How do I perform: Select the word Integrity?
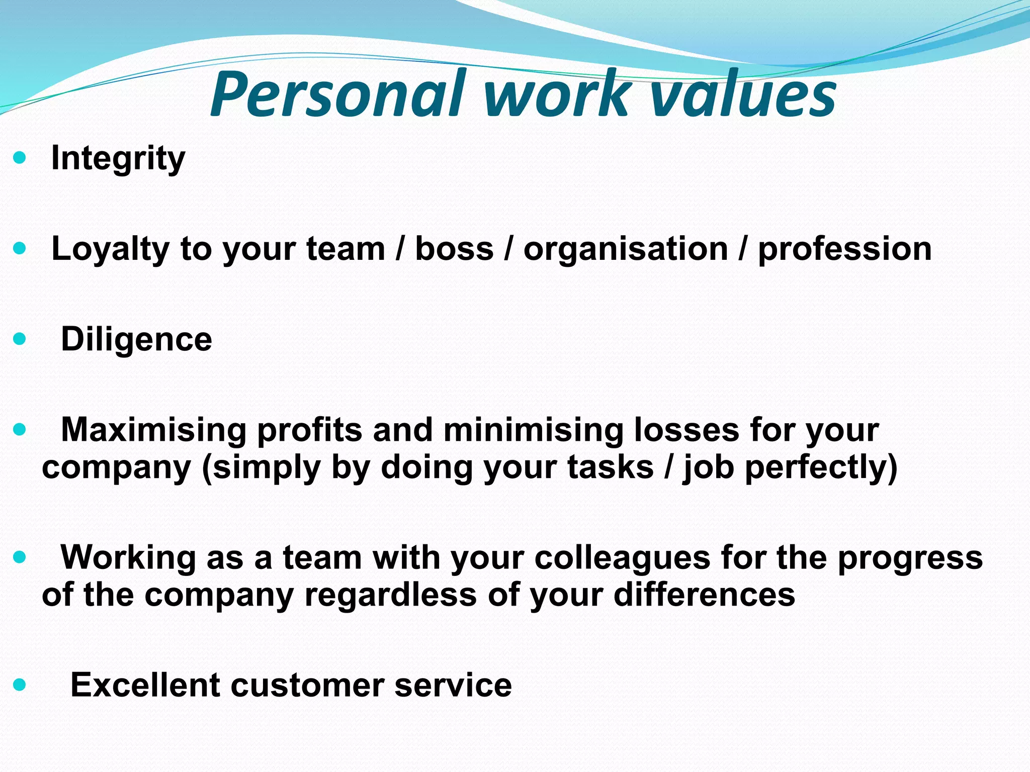coord(118,158)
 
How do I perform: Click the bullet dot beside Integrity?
coord(19,158)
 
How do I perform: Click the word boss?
coord(454,249)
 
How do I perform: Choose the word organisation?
coord(626,249)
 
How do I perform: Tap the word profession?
coord(844,249)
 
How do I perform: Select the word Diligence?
coord(136,339)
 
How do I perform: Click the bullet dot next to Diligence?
coord(19,339)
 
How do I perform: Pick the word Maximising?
coord(153,430)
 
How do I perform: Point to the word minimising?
coord(533,430)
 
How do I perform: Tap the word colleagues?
coord(622,558)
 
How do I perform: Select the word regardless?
coord(390,595)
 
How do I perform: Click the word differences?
coord(704,595)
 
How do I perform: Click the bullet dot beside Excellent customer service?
coord(19,685)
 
